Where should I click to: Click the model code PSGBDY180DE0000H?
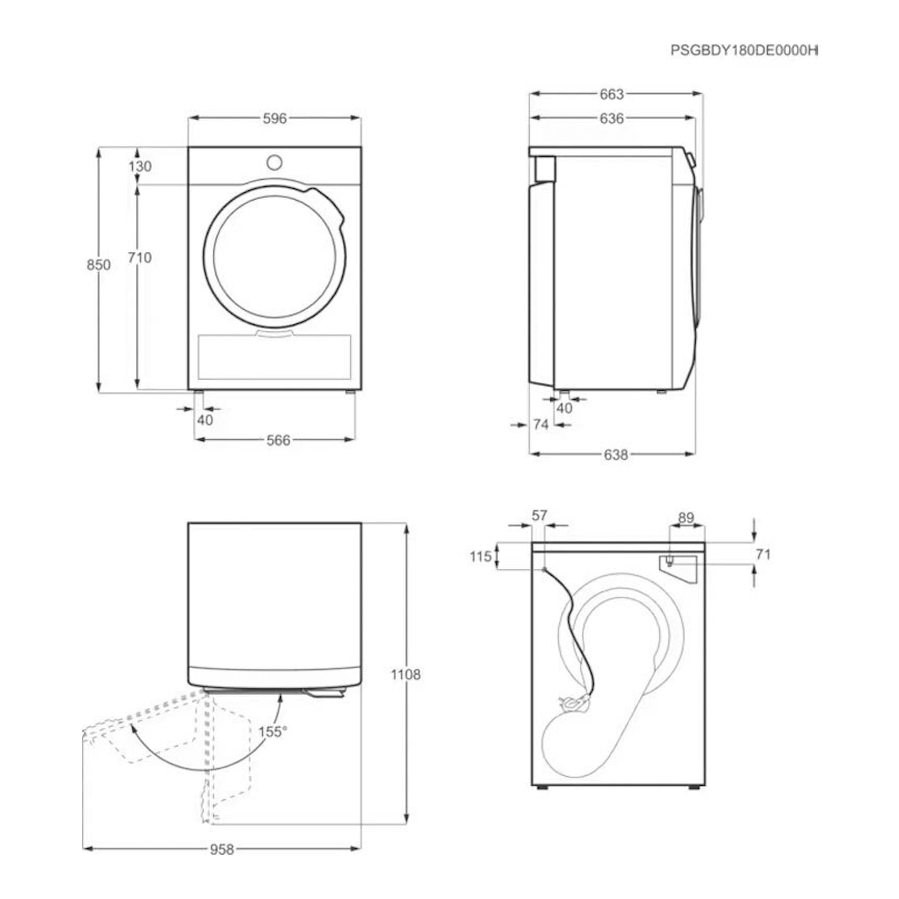pos(744,50)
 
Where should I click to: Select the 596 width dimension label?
pos(275,119)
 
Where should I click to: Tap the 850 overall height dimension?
pos(99,265)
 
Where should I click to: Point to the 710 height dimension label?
pos(140,257)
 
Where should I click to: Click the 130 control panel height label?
pos(140,166)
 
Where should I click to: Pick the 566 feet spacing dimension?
pos(278,440)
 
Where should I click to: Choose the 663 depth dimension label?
pos(611,94)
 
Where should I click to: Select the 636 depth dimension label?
pos(611,119)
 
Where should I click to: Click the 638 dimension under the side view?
pos(616,455)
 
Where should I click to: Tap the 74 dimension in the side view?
pos(541,424)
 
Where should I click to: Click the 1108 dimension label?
pos(405,674)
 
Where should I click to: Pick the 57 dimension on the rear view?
pos(539,515)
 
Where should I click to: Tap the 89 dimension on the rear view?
pos(686,517)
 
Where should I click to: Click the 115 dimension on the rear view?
pos(481,556)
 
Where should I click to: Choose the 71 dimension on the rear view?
pos(763,554)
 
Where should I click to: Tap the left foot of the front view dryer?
pos(199,392)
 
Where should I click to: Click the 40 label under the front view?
pos(205,420)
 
